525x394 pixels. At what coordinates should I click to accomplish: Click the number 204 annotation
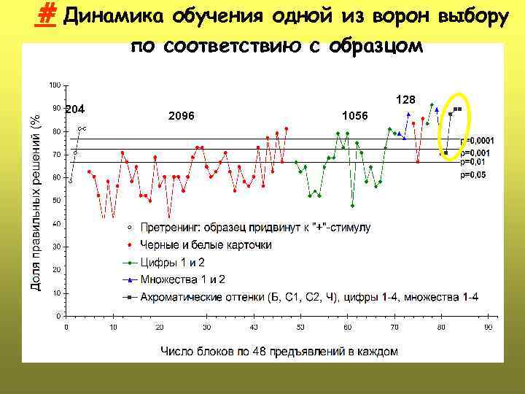coord(76,109)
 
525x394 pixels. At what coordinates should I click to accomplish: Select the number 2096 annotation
coord(182,116)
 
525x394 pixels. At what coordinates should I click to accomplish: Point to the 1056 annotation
coord(355,116)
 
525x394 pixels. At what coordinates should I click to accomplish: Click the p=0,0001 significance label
coord(477,140)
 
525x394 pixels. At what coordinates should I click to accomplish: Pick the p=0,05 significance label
coord(472,175)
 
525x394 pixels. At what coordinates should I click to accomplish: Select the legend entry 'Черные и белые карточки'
coord(206,244)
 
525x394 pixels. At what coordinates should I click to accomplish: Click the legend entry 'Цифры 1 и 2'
coord(172,262)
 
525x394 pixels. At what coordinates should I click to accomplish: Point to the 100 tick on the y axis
coord(55,85)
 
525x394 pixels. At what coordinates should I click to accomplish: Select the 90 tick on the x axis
coord(489,328)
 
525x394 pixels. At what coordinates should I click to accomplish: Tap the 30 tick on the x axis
coord(207,328)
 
